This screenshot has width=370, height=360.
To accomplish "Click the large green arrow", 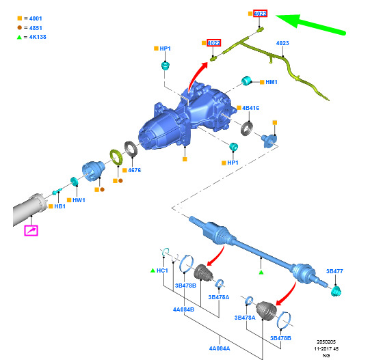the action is tap(310, 25).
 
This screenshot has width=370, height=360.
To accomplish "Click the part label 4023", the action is tap(282, 43).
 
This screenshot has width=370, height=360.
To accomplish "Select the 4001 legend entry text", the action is tap(36, 18).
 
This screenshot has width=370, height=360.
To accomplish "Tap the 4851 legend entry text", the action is tap(36, 28).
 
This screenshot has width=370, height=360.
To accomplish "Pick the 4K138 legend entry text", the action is tap(38, 37).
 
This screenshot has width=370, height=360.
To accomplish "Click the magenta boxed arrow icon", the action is tap(31, 231).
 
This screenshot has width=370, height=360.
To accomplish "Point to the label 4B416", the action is tap(250, 108).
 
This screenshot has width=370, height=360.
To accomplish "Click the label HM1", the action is tap(272, 82).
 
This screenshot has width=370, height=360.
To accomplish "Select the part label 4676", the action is tap(135, 170).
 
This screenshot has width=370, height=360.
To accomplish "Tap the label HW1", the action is tap(79, 200).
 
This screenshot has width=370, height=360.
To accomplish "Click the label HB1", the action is tap(60, 206).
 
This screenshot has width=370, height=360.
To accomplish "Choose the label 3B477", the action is tap(334, 271).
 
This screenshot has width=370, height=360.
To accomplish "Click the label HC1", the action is tap(162, 271).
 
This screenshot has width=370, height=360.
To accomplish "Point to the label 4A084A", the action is tap(220, 348).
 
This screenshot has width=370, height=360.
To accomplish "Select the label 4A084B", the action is tap(183, 309).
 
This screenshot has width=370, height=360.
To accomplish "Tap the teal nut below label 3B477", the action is tap(336, 291).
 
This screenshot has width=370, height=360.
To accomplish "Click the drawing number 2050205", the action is tap(326, 342).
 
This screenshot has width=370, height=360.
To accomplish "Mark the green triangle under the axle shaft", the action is tap(261, 273).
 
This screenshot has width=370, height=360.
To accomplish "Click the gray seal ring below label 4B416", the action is tap(247, 128).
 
